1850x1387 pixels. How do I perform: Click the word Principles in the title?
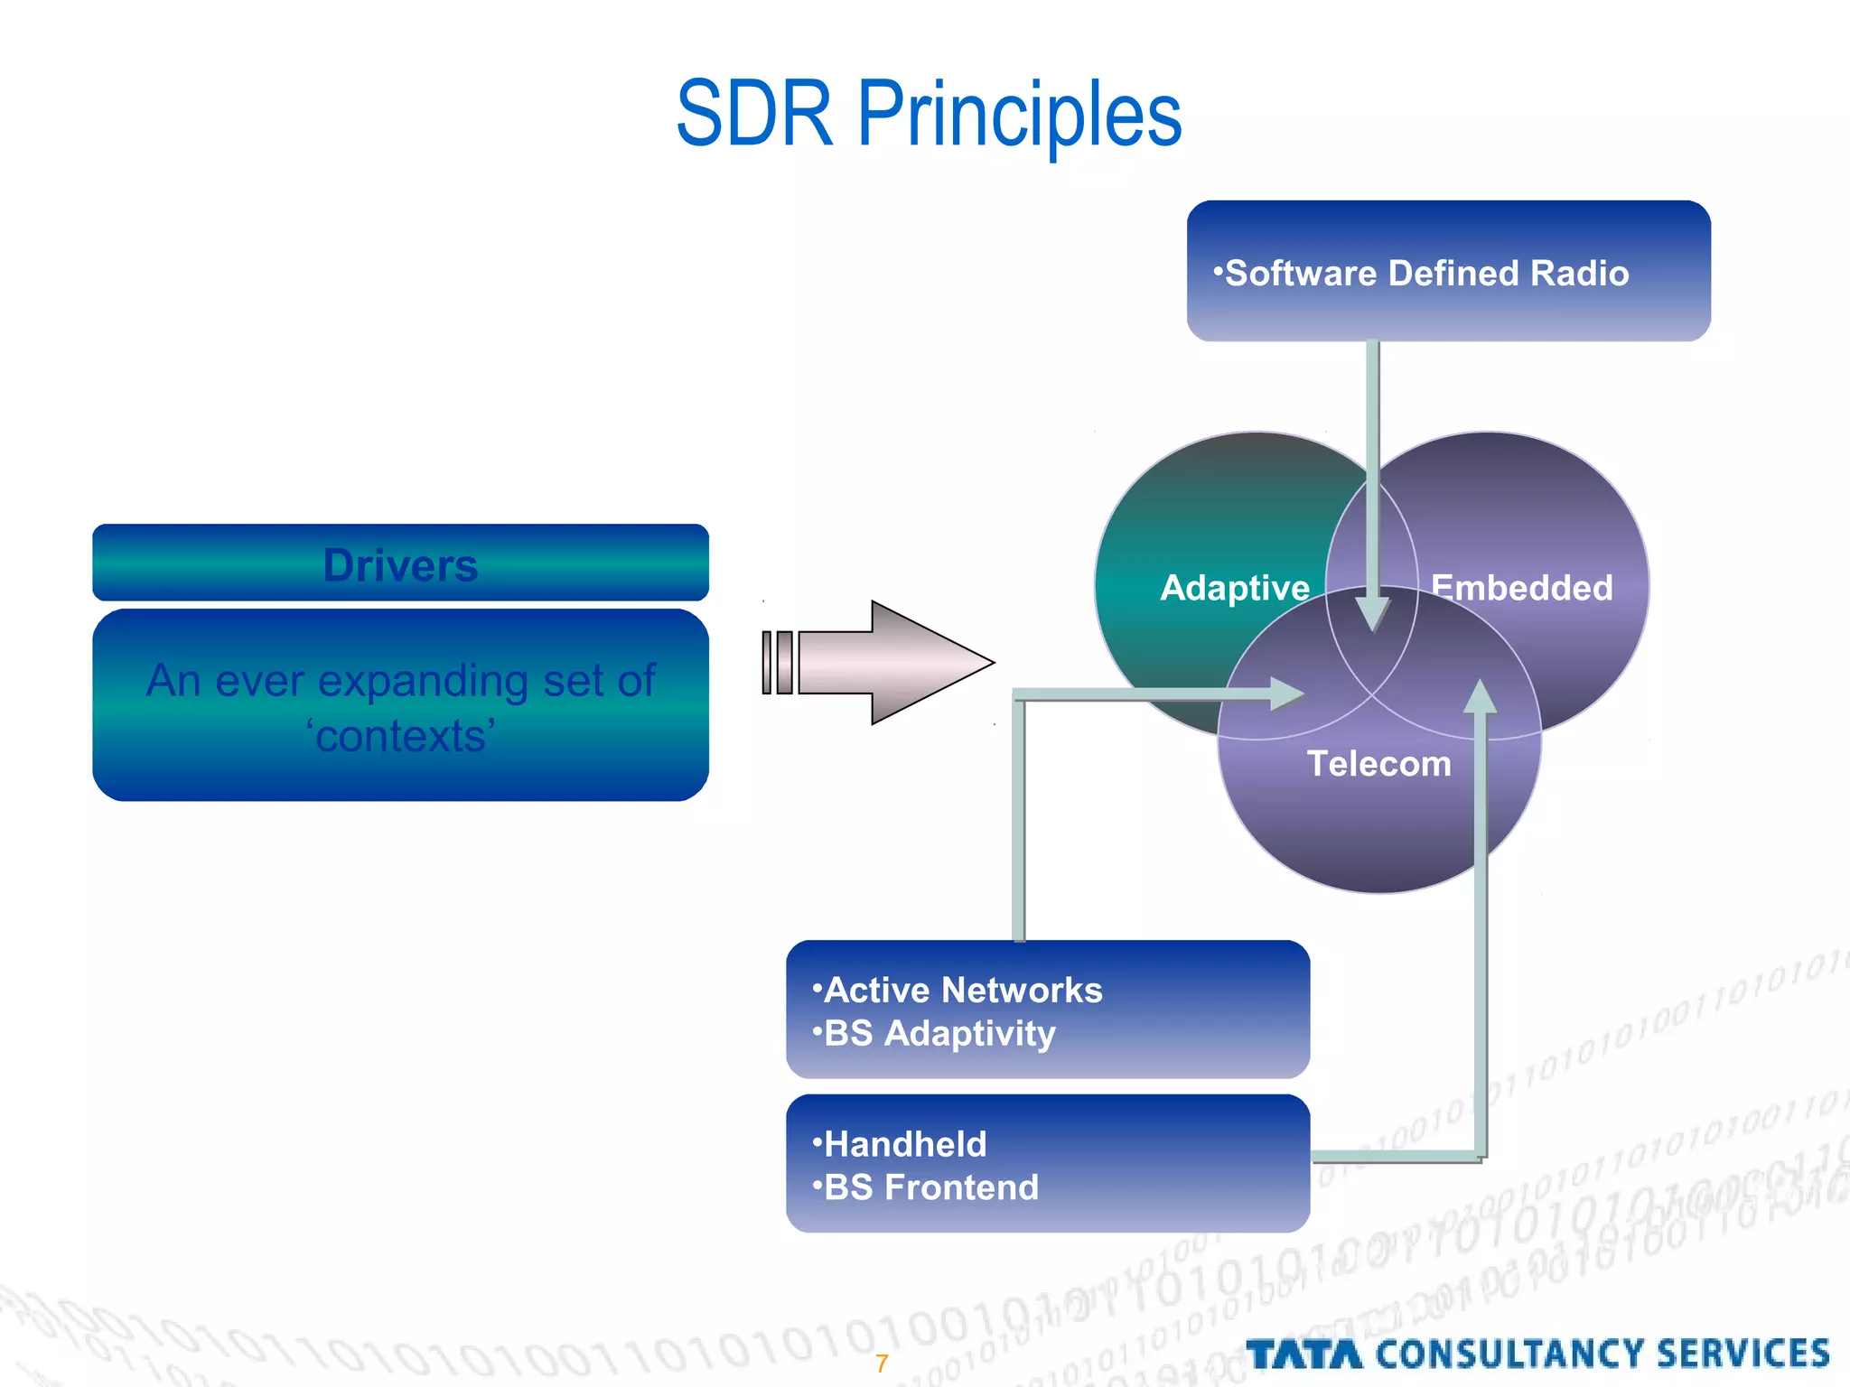coord(1019,117)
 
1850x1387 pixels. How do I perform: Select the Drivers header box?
coord(400,563)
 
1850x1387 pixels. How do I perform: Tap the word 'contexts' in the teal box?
coord(401,736)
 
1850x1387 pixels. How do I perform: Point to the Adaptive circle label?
coord(1234,588)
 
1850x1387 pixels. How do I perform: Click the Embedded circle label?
coord(1522,588)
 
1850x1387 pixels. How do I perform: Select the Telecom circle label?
coord(1378,764)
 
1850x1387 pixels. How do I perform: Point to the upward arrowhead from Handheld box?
coord(1480,697)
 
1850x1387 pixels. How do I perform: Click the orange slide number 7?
coord(882,1363)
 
